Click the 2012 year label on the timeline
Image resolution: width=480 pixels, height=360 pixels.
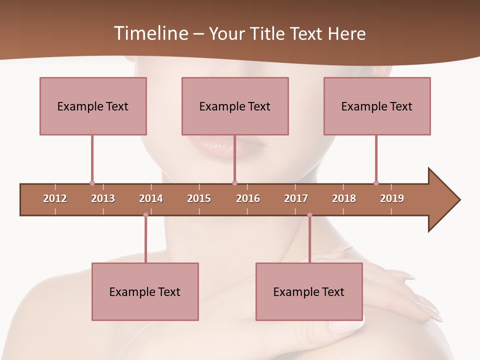click(x=55, y=198)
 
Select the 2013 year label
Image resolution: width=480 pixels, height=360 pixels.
click(x=103, y=198)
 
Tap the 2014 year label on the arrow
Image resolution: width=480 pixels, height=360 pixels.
click(x=151, y=198)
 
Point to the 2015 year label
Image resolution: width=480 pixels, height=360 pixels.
click(x=199, y=198)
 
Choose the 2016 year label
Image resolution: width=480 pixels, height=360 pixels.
click(x=248, y=198)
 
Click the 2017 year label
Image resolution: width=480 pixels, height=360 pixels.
click(x=296, y=198)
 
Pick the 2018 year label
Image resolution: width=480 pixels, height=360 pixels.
click(x=344, y=198)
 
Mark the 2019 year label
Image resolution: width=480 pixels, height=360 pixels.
click(x=392, y=198)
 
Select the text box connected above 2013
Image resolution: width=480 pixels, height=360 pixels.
click(x=93, y=106)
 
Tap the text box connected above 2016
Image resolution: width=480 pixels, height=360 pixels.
click(x=235, y=106)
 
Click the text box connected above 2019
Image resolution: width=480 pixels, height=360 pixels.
click(x=377, y=106)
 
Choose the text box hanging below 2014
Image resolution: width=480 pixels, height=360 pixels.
click(x=145, y=291)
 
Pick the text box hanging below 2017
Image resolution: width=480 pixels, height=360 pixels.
click(x=309, y=291)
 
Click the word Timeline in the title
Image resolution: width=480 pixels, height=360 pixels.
click(x=149, y=33)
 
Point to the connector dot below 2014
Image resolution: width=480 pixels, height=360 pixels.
click(x=145, y=215)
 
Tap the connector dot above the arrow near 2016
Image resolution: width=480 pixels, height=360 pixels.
click(x=234, y=183)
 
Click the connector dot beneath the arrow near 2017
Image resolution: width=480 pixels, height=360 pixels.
click(x=309, y=215)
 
